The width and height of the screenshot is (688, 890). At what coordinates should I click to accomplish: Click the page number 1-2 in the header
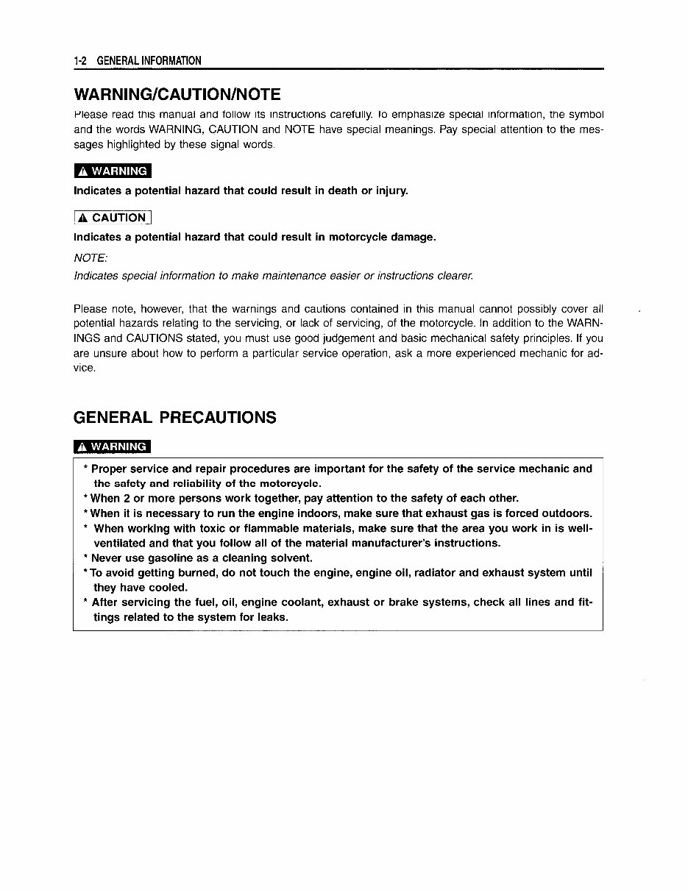point(80,60)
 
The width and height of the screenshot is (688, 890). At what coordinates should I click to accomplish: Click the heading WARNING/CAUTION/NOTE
point(177,95)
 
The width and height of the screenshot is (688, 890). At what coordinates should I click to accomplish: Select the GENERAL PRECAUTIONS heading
point(175,418)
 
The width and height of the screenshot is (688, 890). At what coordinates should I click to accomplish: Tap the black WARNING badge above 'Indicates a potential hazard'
point(113,171)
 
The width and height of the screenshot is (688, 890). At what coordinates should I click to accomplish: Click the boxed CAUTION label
point(113,218)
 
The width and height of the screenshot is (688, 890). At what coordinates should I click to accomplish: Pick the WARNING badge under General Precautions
point(113,446)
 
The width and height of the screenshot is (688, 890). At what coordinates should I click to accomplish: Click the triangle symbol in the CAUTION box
point(83,218)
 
